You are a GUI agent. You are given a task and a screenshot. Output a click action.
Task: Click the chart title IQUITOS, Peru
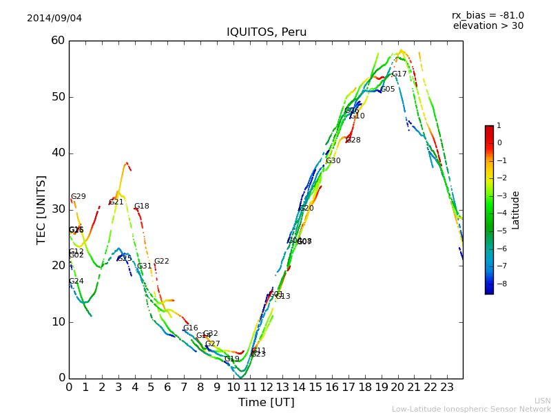pyautogui.click(x=267, y=32)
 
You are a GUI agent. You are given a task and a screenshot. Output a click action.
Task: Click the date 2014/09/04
pyautogui.click(x=54, y=19)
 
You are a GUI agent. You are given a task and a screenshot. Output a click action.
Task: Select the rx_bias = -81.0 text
pyautogui.click(x=488, y=15)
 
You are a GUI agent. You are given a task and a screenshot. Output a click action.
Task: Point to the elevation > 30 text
pyautogui.click(x=488, y=26)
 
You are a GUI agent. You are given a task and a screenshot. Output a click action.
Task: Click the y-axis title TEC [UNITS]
pyautogui.click(x=41, y=209)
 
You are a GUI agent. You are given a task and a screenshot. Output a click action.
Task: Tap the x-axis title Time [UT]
pyautogui.click(x=266, y=403)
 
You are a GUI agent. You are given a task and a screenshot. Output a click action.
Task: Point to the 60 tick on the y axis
pyautogui.click(x=58, y=41)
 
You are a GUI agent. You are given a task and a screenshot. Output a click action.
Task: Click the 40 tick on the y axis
pyautogui.click(x=58, y=153)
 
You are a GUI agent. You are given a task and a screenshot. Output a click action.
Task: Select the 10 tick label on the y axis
pyautogui.click(x=58, y=321)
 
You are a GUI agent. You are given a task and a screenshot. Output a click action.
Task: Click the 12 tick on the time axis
pyautogui.click(x=267, y=387)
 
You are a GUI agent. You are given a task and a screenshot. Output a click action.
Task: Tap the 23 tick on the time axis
pyautogui.click(x=447, y=387)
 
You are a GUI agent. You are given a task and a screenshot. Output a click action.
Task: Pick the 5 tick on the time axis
pyautogui.click(x=152, y=387)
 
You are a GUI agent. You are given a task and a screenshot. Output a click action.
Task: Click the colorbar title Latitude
pyautogui.click(x=515, y=210)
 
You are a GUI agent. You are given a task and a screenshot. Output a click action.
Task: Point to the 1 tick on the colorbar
pyautogui.click(x=499, y=126)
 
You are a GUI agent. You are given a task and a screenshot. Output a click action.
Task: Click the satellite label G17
pyautogui.click(x=399, y=74)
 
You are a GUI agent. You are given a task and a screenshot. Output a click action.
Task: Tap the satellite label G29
pyautogui.click(x=79, y=197)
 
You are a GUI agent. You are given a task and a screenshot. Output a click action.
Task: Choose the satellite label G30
pyautogui.click(x=333, y=161)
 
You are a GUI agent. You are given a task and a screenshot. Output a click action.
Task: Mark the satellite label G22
pyautogui.click(x=162, y=262)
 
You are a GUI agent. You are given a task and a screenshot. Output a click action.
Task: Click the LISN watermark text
pyautogui.click(x=542, y=401)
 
